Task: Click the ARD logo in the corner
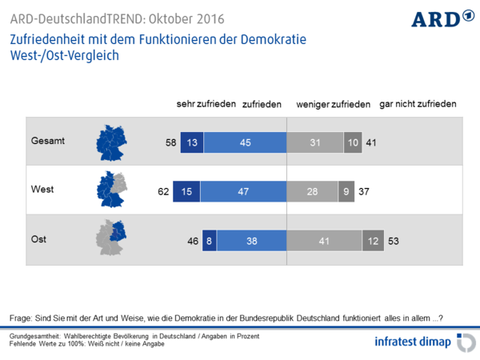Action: (441, 18)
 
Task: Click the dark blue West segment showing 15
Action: (186, 191)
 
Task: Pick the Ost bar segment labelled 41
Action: (324, 240)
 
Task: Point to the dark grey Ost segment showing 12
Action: (372, 240)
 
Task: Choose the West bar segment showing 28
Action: (312, 191)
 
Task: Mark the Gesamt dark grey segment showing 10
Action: (353, 142)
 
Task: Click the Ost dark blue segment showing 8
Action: (210, 240)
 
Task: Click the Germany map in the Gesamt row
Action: (112, 142)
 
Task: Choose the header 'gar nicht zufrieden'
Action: (418, 104)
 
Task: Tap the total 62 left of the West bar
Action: (163, 191)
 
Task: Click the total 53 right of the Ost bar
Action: (394, 240)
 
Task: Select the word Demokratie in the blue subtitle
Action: (274, 39)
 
